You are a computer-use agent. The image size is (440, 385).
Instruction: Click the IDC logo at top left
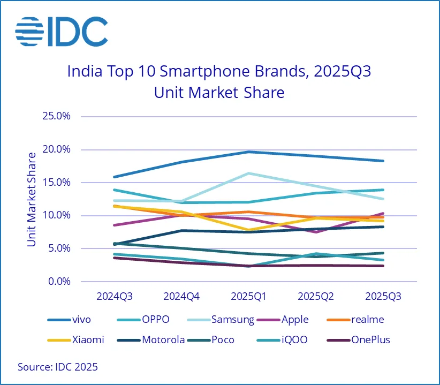pos(61,31)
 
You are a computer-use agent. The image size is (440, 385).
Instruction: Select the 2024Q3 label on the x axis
pos(114,296)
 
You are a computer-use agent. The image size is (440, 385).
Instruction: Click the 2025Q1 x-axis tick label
pos(248,296)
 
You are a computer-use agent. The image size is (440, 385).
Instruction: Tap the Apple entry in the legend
pos(294,320)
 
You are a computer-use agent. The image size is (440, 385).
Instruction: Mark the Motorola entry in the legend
pos(163,339)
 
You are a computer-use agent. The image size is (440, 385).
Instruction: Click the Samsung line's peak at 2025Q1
pos(248,173)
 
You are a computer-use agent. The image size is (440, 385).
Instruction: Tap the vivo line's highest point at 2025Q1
pos(248,152)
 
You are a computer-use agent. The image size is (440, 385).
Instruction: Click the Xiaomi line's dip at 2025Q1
pos(248,230)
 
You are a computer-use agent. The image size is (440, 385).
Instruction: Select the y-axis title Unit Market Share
pos(32,199)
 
